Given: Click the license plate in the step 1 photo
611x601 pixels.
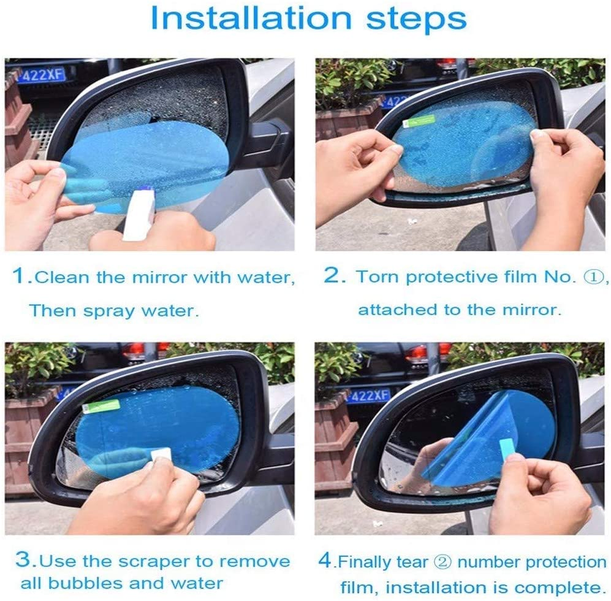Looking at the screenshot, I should pyautogui.click(x=40, y=75).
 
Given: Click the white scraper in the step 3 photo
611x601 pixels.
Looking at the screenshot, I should pyautogui.click(x=160, y=454).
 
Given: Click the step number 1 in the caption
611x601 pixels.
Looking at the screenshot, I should pyautogui.click(x=21, y=277).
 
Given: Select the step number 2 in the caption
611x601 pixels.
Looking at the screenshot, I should pyautogui.click(x=335, y=276).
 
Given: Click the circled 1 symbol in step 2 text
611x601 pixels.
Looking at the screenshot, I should pyautogui.click(x=587, y=277).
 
